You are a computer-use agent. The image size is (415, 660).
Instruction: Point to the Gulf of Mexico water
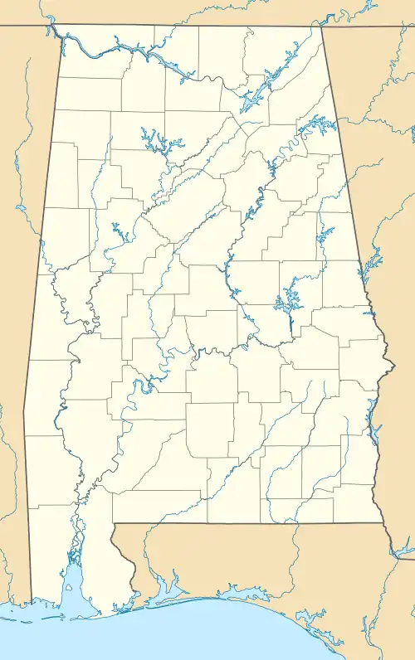pyautogui.click(x=207, y=638)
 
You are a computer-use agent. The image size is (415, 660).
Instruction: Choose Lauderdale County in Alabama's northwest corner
pyautogui.click(x=91, y=50)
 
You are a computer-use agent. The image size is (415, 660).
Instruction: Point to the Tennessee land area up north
pyautogui.click(x=207, y=12)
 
